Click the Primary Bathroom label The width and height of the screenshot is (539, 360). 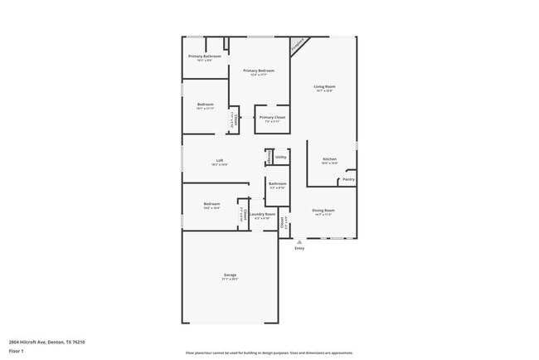click(x=204, y=56)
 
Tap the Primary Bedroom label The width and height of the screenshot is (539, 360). click(x=259, y=71)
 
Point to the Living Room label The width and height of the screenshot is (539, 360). click(x=324, y=86)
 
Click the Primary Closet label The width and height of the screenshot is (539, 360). click(x=272, y=118)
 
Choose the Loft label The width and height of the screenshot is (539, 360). click(x=220, y=160)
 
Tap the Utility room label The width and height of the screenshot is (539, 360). click(x=281, y=157)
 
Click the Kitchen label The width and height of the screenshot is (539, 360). click(x=329, y=158)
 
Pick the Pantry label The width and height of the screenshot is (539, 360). click(x=348, y=179)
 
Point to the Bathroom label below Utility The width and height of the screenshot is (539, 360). click(x=277, y=183)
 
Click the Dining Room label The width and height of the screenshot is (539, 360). click(x=323, y=211)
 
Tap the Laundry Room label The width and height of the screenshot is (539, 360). click(x=265, y=214)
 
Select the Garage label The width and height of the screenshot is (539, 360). click(x=230, y=275)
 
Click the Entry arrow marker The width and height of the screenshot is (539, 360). click(x=299, y=242)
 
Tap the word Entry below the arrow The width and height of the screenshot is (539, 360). click(x=299, y=248)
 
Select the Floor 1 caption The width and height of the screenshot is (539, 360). click(x=17, y=351)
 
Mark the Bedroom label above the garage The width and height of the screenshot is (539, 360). click(x=211, y=204)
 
